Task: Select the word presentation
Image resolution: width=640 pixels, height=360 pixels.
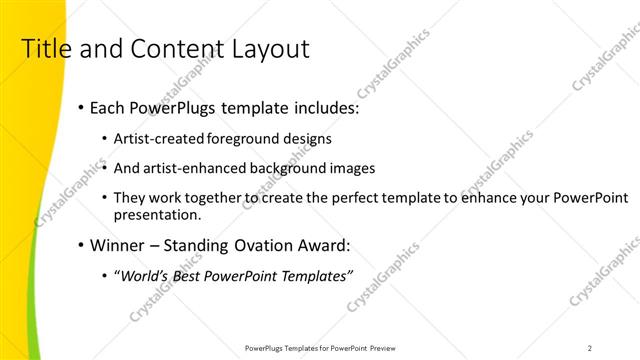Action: pos(157,214)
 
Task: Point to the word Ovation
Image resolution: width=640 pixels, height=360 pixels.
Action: pos(269,245)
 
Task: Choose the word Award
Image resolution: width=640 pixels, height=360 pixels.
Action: pos(329,245)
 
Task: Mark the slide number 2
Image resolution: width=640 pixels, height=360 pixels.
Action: pos(590,348)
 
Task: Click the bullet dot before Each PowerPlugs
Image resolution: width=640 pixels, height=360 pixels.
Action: pos(80,108)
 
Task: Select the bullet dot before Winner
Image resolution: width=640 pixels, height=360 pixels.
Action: pos(80,245)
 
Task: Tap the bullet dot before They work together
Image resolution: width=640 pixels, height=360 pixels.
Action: pos(106,198)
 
